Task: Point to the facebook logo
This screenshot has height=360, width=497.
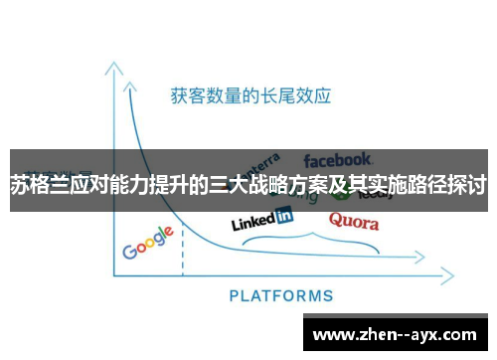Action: [338, 158]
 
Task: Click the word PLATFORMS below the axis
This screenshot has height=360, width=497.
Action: [281, 295]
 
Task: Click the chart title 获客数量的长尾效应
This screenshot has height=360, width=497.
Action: [250, 96]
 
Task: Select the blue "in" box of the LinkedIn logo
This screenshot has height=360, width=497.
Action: [284, 214]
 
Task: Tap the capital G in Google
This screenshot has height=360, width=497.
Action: [130, 250]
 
